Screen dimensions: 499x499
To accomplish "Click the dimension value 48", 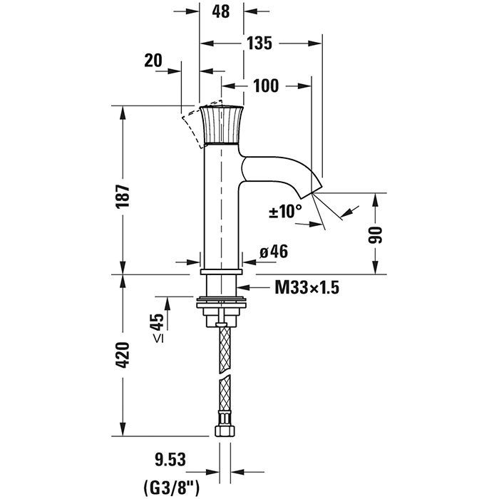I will pyautogui.click(x=222, y=13).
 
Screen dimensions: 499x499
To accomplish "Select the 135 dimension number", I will pyautogui.click(x=260, y=43).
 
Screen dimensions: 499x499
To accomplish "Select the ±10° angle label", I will pyautogui.click(x=284, y=211).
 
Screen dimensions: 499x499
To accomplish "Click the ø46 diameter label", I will pyautogui.click(x=273, y=251).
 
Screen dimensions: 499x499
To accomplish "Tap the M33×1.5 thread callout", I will pyautogui.click(x=306, y=288).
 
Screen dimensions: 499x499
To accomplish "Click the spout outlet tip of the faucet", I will pyautogui.click(x=315, y=189).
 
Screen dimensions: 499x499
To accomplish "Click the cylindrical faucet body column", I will pyautogui.click(x=222, y=207).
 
